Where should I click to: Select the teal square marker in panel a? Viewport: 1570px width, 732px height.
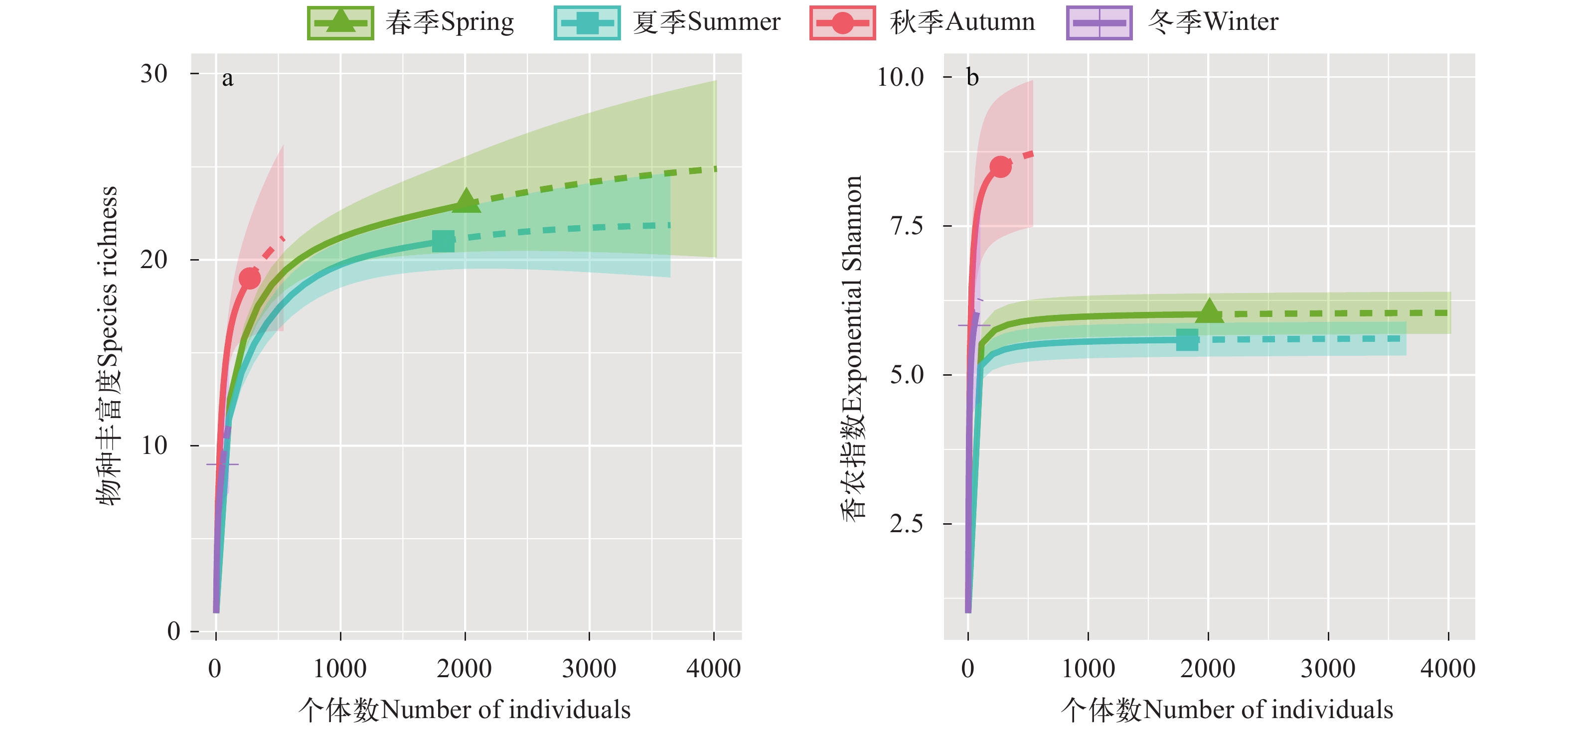tap(443, 241)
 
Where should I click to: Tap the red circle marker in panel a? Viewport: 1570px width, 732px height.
tap(250, 279)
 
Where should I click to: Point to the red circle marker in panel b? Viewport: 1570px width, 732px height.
tap(1001, 166)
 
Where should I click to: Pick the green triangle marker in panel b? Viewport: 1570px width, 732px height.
tap(1209, 312)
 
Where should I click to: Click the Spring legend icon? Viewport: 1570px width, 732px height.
tap(340, 23)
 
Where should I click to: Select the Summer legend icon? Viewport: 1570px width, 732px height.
tap(587, 23)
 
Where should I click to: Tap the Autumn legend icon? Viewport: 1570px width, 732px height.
tap(842, 23)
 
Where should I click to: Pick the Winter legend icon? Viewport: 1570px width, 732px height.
tap(1099, 23)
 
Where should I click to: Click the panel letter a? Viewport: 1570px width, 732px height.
tap(227, 79)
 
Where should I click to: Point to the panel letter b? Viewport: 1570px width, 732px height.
tap(973, 77)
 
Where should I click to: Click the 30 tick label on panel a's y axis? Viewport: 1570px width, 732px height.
tap(154, 74)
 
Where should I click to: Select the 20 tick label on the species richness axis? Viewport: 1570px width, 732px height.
tap(154, 260)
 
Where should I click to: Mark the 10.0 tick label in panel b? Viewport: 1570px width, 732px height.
tap(900, 77)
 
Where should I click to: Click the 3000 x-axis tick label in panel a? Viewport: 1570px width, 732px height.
tap(589, 669)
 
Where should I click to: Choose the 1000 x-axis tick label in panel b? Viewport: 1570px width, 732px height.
tap(1088, 669)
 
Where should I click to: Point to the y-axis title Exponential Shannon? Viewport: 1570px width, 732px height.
tap(853, 347)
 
